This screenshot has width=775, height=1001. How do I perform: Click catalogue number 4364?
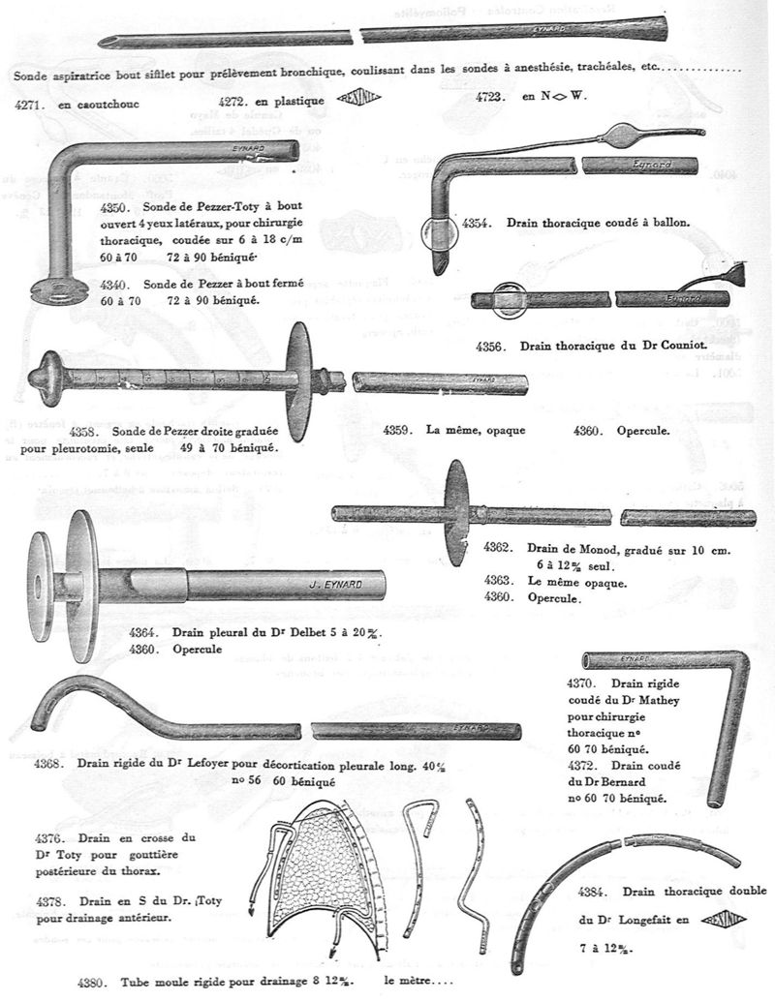pos(145,631)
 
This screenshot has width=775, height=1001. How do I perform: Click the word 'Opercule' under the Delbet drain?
pos(201,648)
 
